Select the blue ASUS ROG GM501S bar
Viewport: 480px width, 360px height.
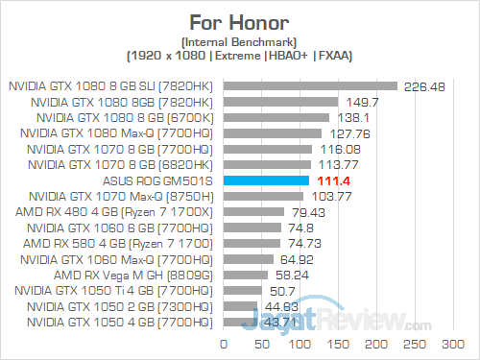point(266,180)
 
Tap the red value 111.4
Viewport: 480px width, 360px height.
point(331,180)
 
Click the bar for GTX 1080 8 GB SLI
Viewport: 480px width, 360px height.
point(310,85)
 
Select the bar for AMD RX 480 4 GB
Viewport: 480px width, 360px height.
point(253,211)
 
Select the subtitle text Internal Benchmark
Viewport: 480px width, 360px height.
point(240,40)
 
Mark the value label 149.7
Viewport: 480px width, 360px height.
point(359,101)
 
